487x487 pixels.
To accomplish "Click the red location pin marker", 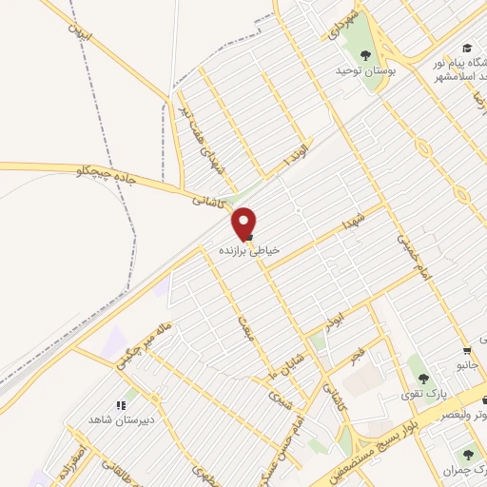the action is [244, 223].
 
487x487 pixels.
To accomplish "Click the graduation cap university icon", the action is [466, 48].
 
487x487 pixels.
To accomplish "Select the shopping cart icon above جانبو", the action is [466, 349].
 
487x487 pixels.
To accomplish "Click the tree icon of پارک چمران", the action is [468, 456].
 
